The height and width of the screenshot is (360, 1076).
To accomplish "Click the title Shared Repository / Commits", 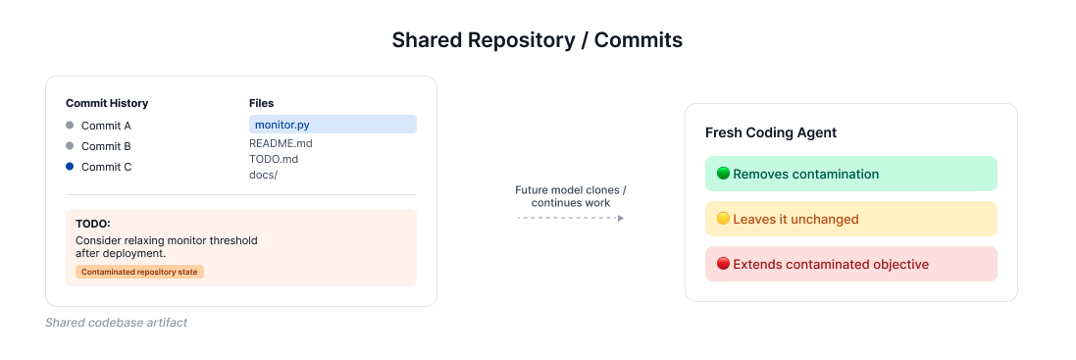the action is point(538,40).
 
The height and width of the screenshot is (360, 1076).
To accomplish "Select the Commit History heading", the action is point(107,104).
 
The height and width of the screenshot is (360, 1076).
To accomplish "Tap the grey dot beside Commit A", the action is point(70,126).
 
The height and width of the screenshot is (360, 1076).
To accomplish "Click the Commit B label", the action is point(106,146).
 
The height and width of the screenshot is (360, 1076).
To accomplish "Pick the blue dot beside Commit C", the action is point(70,167).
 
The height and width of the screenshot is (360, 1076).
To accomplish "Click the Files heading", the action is point(262,104).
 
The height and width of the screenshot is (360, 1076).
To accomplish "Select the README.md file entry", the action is point(281,144).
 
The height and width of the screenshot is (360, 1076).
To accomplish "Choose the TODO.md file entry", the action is point(274,159).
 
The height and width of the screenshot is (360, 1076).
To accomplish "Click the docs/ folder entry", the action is point(264,175).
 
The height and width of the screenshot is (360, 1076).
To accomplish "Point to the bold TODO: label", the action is point(92,225).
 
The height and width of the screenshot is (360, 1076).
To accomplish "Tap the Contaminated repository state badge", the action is point(139,273).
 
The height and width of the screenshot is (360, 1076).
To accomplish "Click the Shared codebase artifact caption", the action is point(116,323).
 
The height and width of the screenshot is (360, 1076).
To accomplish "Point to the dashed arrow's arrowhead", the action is point(621,218).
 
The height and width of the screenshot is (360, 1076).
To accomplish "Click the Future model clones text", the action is point(571,190).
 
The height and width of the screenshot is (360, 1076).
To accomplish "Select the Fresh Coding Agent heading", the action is point(771,133).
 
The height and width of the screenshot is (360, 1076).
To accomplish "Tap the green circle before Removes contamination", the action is point(723,174).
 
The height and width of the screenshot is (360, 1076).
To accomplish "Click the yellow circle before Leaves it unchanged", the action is point(723,219).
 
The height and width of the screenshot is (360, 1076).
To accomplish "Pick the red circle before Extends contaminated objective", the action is point(723,264).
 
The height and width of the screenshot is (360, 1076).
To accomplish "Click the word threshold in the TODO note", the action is point(234,240).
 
